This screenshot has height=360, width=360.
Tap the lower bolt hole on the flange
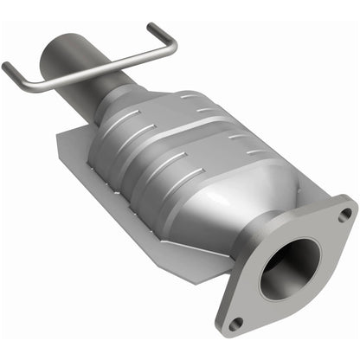tap(238, 324)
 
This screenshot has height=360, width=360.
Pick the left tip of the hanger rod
tap(7, 67)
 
